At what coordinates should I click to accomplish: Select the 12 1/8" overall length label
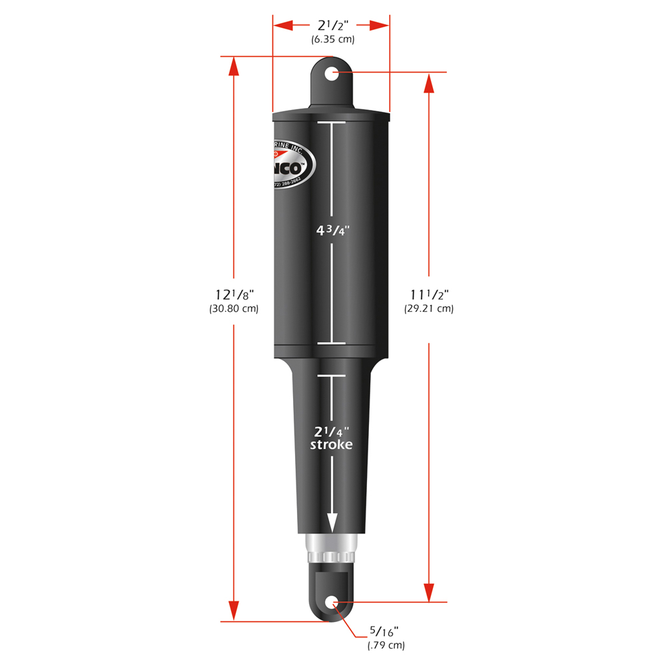[234, 294]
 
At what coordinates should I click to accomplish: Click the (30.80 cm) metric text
[234, 309]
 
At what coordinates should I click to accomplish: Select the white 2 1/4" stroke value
[332, 431]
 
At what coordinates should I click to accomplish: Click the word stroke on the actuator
[332, 445]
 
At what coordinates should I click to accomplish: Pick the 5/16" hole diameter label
[386, 631]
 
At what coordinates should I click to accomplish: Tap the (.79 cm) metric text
[386, 645]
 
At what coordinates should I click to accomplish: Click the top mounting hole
[332, 73]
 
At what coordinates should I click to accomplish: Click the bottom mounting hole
[332, 603]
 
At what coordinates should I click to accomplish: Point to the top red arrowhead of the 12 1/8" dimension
[233, 67]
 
